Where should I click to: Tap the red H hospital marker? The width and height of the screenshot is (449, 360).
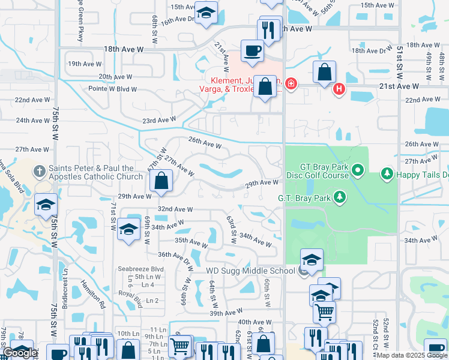point(339,89)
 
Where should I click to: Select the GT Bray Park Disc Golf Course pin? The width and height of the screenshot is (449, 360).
point(358,171)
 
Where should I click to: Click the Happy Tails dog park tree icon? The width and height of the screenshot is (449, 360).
point(387,175)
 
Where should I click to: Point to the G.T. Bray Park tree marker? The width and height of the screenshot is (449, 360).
point(340,197)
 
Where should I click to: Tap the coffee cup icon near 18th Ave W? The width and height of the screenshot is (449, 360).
point(253,50)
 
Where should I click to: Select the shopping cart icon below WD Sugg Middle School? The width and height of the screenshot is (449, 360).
point(325,311)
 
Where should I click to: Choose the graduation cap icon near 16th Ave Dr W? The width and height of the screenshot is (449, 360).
point(206,14)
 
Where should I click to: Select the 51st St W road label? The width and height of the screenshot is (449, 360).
point(399,60)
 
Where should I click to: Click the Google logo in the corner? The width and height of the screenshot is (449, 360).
point(20,353)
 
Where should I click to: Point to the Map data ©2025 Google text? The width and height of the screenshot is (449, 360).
point(411,355)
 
